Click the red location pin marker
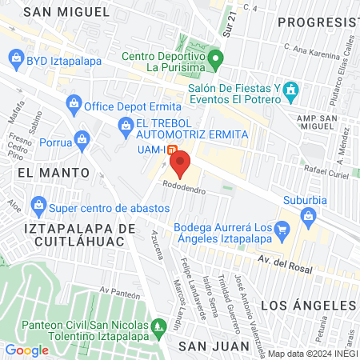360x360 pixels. tap(180, 165)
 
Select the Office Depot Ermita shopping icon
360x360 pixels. tap(74, 102)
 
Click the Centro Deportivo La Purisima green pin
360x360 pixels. tap(215, 58)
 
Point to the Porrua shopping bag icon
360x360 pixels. tap(81, 138)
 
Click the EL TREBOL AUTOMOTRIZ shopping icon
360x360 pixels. tap(125, 124)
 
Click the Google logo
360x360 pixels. tap(26, 350)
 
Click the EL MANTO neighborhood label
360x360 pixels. tap(37, 171)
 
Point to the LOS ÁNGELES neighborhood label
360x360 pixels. tap(308, 306)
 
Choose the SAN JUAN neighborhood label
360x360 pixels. tap(207, 346)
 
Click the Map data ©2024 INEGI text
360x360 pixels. tap(311, 354)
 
